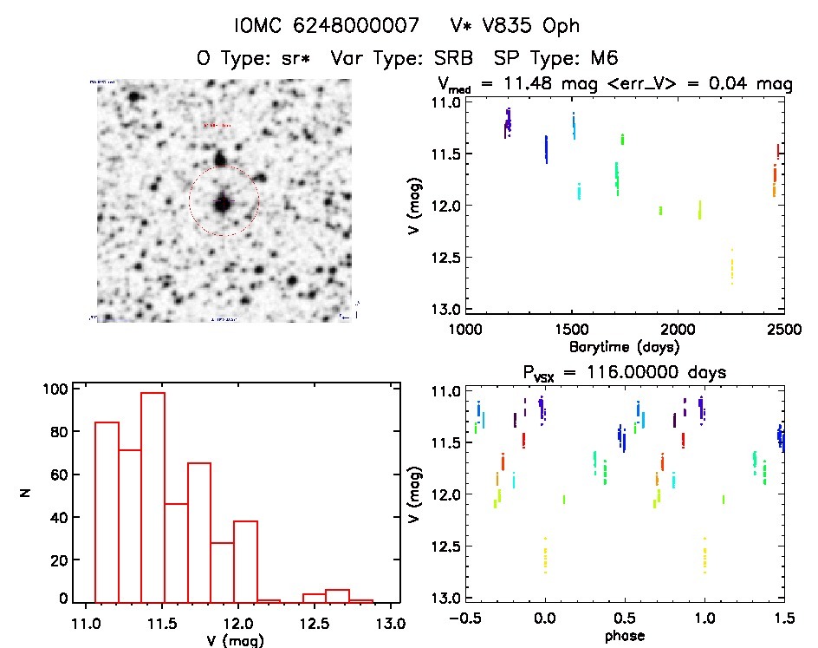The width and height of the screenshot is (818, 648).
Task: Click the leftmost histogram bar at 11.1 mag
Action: coord(107,512)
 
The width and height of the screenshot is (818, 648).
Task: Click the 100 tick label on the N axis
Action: coord(54,389)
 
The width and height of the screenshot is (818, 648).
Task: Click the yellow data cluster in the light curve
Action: coord(732,266)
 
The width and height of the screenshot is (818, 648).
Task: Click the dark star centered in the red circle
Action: coord(223,203)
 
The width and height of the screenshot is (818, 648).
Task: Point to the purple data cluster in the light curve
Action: coord(508,122)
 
